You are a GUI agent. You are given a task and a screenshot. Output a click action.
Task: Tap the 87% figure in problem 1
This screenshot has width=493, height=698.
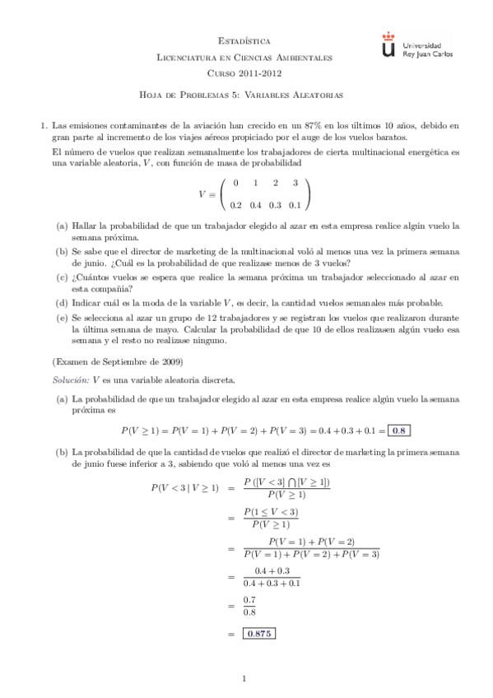click(313, 125)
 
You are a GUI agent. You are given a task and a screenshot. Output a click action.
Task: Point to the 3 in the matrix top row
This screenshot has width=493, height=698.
click(295, 183)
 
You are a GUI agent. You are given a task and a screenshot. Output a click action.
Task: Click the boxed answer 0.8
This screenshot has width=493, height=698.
click(398, 430)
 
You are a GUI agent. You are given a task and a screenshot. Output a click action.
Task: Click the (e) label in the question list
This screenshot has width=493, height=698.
click(62, 316)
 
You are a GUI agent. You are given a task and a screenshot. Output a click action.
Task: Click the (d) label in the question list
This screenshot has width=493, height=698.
click(62, 302)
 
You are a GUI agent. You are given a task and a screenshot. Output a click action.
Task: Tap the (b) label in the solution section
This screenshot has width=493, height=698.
click(62, 452)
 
